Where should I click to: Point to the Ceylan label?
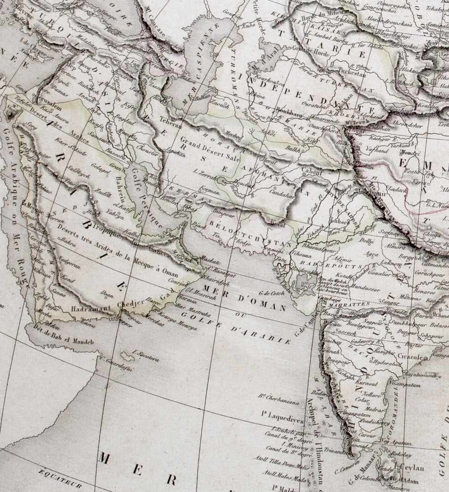tap(411, 468)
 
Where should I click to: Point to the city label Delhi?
tap(367, 241)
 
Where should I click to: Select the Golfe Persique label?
tap(148, 197)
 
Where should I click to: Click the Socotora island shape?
tap(127, 356)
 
